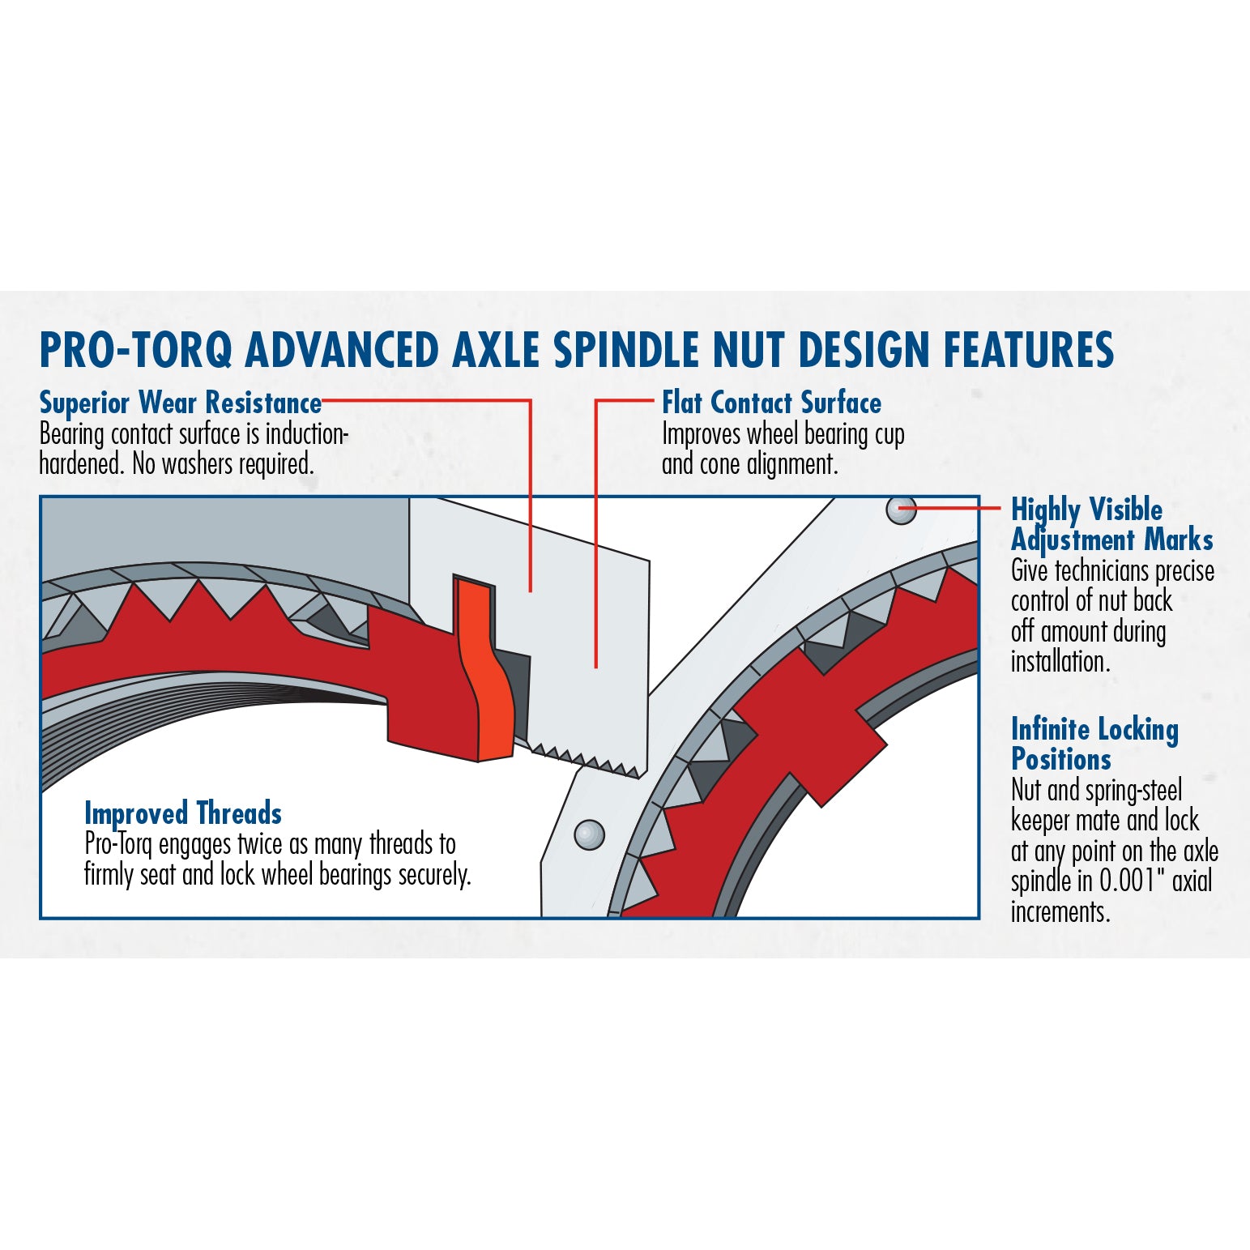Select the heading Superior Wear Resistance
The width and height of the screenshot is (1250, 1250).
pyautogui.click(x=181, y=403)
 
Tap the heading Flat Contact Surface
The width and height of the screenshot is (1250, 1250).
pyautogui.click(x=771, y=403)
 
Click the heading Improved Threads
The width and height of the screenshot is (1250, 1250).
pyautogui.click(x=183, y=813)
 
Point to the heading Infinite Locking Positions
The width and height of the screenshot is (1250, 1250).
pyautogui.click(x=1094, y=744)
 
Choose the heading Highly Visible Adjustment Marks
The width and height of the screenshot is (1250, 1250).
pyautogui.click(x=1111, y=524)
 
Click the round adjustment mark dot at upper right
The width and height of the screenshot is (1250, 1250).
pyautogui.click(x=901, y=510)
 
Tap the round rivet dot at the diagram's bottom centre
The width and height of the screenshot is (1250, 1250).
pyautogui.click(x=589, y=834)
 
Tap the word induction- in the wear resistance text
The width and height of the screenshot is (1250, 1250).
pyautogui.click(x=307, y=434)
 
